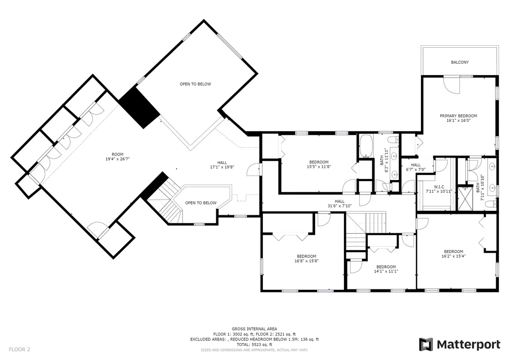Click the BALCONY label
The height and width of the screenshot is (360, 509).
[460, 62]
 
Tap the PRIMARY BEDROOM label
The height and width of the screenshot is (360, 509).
[458, 116]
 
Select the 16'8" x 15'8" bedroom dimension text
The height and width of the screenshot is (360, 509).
[306, 261]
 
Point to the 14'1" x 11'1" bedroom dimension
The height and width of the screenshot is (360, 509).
[386, 271]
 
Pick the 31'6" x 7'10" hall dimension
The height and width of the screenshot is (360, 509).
[339, 206]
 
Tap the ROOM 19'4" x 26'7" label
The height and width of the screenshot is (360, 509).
[117, 157]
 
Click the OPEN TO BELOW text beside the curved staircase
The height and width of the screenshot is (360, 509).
[201, 203]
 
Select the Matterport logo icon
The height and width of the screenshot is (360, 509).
[426, 345]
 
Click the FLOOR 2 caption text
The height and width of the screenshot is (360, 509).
[19, 350]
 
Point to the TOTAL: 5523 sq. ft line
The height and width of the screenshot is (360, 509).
[254, 345]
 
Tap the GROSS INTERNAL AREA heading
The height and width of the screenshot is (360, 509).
[254, 329]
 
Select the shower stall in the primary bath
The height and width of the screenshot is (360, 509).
[465, 197]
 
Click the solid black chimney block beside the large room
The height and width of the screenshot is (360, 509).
[140, 107]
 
